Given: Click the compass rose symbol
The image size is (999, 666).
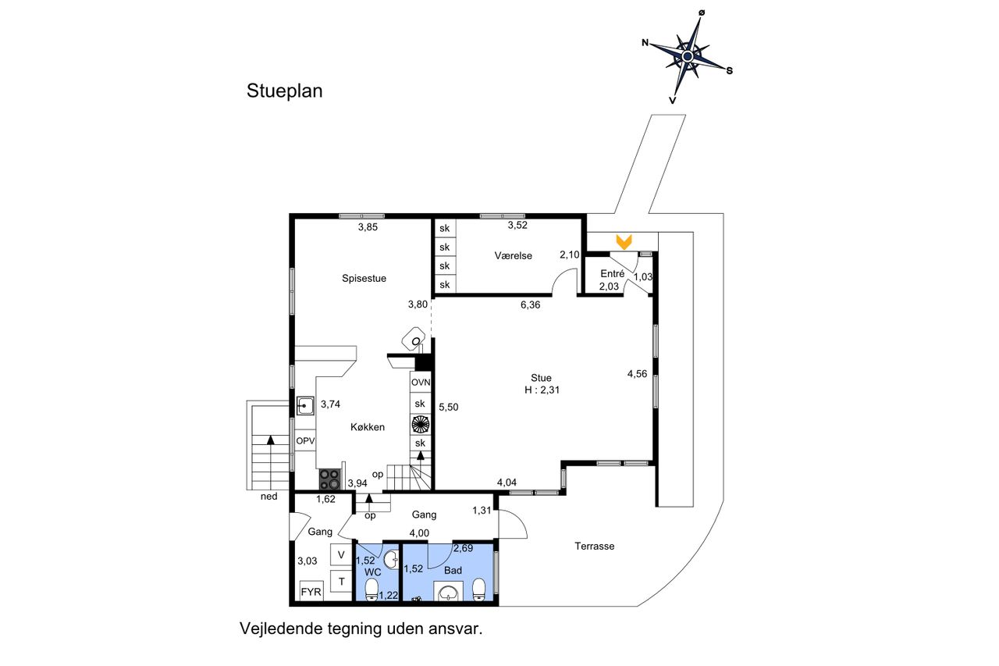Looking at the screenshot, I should coord(688,57).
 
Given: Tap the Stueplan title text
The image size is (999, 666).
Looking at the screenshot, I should coord(284,91).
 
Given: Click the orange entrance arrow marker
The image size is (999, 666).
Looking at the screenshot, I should coord(624,242).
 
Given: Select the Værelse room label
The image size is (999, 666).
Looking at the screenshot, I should coord(513,255).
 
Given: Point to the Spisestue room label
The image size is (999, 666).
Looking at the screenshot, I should coord(364,278).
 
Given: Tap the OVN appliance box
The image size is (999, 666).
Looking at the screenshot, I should coord(421,383).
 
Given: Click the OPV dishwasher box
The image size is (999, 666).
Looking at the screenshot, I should coord(305,440).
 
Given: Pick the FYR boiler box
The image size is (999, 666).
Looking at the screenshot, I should coord(311,593).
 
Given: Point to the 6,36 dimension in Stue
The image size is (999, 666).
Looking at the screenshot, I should coord(531,305).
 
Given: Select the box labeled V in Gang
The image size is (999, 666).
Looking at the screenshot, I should coord(341,555).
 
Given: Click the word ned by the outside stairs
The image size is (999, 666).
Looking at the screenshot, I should coord(269,496).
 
